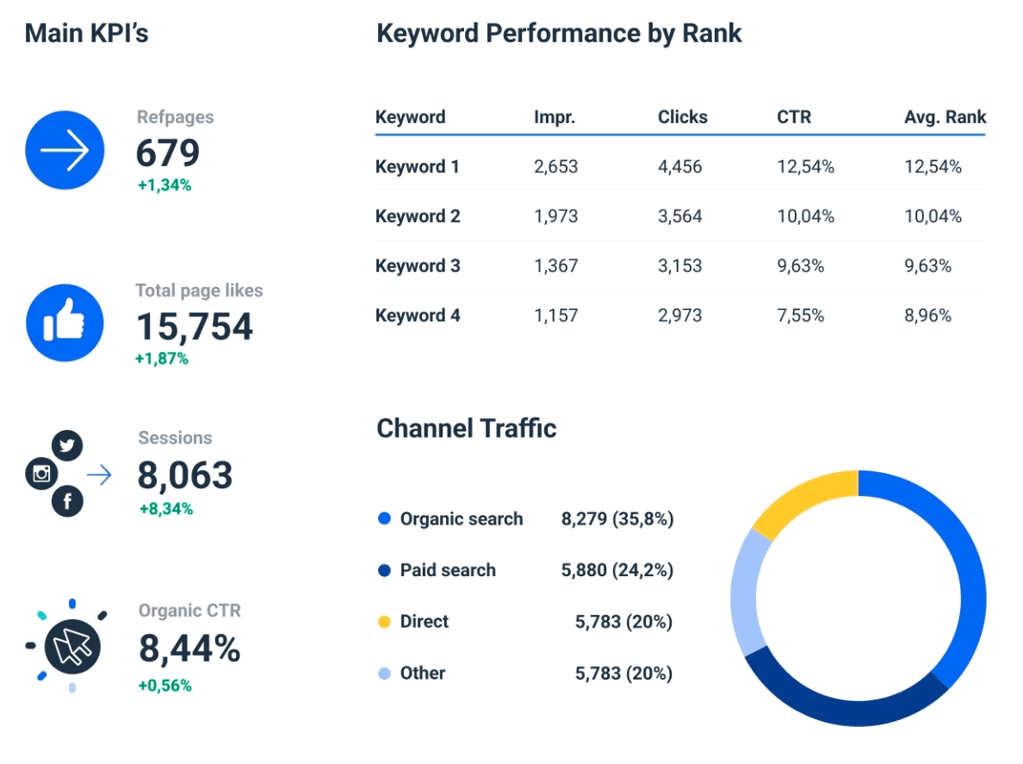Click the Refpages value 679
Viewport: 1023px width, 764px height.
point(168,153)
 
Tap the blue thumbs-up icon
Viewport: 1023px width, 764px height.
point(65,323)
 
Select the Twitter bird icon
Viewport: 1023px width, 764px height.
point(67,446)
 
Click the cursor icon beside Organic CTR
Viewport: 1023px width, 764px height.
point(72,646)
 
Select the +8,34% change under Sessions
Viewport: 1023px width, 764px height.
point(166,509)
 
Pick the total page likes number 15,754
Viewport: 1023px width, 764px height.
point(195,326)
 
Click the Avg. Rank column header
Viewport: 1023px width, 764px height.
point(945,117)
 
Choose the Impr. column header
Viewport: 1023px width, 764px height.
point(555,117)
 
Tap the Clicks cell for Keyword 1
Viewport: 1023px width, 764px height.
point(679,167)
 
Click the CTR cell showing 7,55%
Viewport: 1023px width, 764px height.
point(800,316)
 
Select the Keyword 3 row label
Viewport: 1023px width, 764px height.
point(418,266)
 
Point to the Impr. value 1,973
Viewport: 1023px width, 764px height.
point(555,216)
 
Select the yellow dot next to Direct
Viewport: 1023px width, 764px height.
point(384,622)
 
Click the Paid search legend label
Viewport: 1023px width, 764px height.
point(448,570)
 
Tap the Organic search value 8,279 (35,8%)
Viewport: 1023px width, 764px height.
point(617,519)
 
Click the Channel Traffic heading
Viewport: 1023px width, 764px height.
point(466,428)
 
